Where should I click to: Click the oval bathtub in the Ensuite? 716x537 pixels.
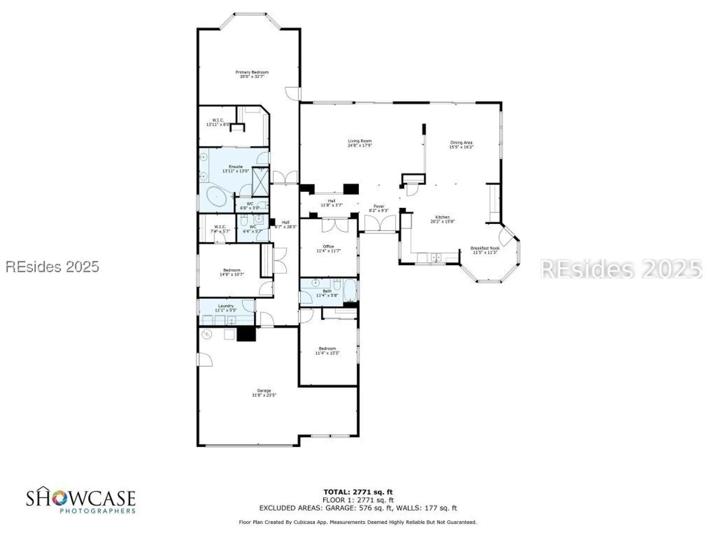217,196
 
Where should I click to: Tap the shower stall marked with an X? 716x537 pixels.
261,182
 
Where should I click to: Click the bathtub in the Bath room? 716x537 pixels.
350,290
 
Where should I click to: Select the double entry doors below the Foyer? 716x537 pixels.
380,224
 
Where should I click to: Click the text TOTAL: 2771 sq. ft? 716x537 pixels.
358,492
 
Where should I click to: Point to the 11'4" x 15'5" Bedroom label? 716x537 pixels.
327,350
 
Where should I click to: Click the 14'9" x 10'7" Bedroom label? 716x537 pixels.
232,272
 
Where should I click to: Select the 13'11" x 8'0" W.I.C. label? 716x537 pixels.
218,122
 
